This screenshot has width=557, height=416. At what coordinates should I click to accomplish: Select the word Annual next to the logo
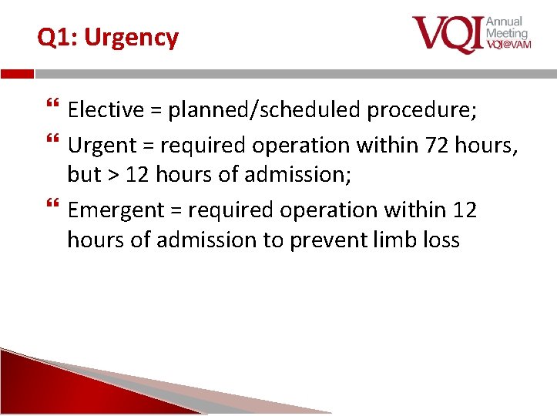point(504,22)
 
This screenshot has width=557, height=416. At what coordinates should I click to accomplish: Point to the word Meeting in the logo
point(506,33)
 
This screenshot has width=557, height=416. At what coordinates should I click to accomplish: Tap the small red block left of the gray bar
point(17,74)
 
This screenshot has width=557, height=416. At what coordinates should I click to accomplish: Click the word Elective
point(106,110)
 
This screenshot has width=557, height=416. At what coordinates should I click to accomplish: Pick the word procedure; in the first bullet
point(422,110)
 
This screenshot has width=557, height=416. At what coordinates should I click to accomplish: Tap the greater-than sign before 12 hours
point(112,175)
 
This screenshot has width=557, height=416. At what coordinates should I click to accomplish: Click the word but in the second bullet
point(84,175)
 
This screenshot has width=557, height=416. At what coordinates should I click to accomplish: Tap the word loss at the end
point(443,240)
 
